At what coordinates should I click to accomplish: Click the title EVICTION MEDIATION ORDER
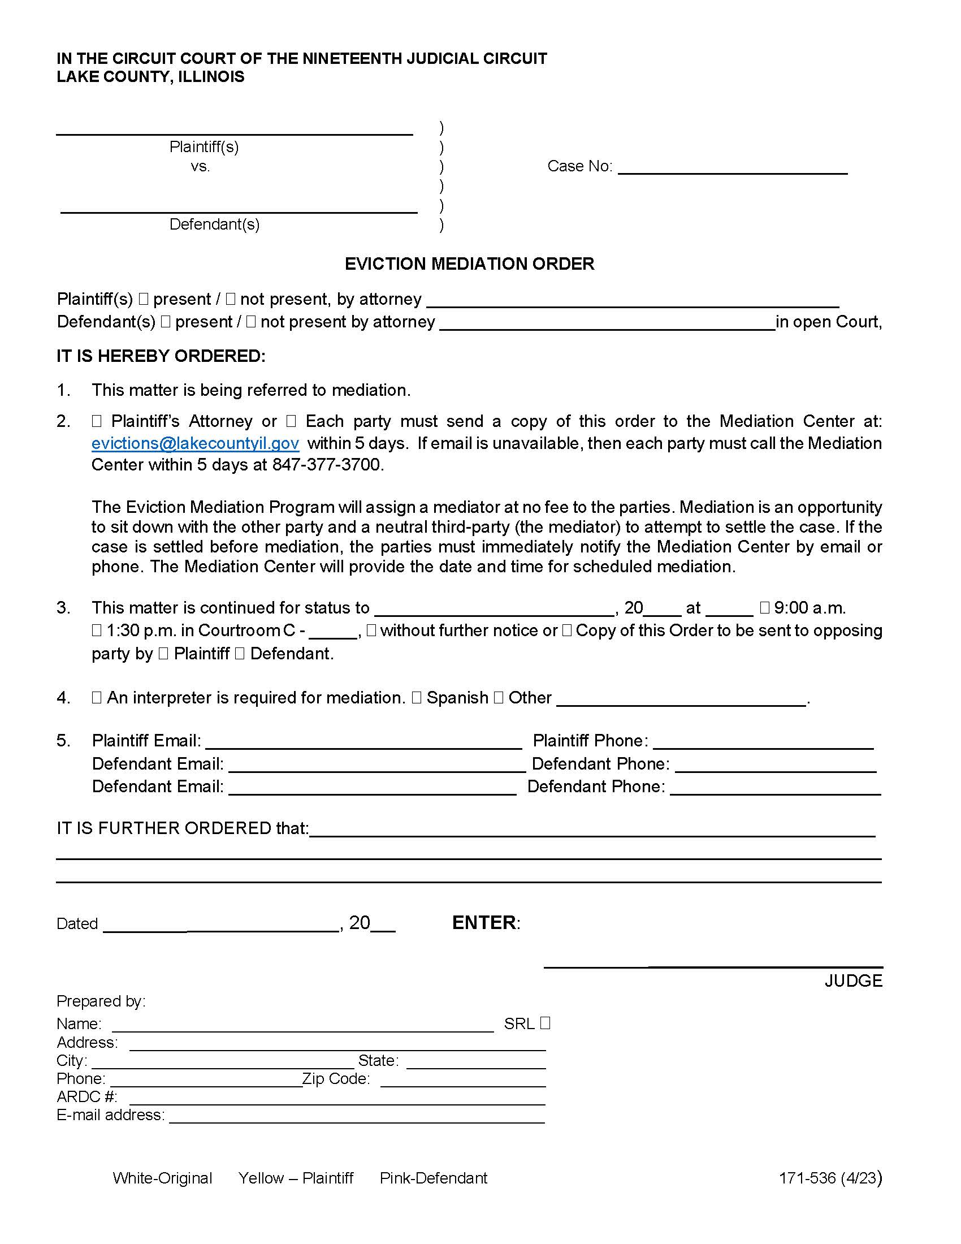[x=469, y=264]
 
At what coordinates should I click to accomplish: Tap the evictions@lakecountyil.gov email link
[x=195, y=443]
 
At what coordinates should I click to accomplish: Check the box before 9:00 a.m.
[x=765, y=608]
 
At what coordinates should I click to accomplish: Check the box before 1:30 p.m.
[x=97, y=630]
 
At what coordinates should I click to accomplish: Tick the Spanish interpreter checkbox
[x=417, y=698]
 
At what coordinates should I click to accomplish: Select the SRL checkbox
[x=545, y=1023]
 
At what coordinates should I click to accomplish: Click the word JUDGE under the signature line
[x=853, y=981]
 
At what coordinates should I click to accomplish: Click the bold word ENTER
[x=484, y=923]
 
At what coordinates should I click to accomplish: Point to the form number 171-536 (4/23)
[x=830, y=1178]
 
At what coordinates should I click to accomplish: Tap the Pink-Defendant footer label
[x=433, y=1178]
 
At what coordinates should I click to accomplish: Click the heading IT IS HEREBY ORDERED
[x=161, y=356]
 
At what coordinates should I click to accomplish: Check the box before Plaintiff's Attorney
[x=97, y=421]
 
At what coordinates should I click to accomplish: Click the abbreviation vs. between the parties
[x=201, y=166]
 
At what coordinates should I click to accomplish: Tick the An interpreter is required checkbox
[x=97, y=698]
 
